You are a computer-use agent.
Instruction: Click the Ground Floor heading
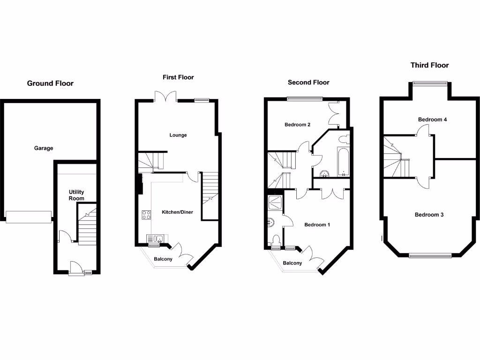[50, 83]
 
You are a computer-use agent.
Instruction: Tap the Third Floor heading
[429, 65]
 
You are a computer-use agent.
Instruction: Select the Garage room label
[44, 148]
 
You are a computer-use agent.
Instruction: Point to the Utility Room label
[76, 195]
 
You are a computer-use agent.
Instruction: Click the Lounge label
[178, 135]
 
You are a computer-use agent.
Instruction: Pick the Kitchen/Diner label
[177, 212]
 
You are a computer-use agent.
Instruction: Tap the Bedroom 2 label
[298, 125]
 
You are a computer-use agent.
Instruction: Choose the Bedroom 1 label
[317, 225]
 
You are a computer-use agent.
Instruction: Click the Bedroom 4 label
[432, 120]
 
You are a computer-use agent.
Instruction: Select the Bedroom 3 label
[429, 215]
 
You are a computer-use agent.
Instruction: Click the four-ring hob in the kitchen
[146, 215]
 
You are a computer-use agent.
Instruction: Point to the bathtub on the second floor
[342, 162]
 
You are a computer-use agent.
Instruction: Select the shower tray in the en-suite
[274, 202]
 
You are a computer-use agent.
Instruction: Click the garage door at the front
[28, 217]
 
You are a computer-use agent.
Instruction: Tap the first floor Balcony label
[163, 259]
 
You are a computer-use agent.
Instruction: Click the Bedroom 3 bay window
[430, 255]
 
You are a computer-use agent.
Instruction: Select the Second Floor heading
[308, 82]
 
